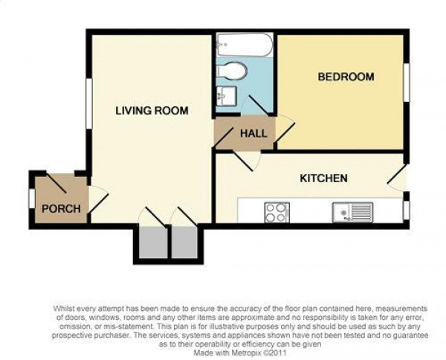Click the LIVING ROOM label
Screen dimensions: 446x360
click(x=152, y=110)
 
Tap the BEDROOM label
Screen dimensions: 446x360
click(x=346, y=77)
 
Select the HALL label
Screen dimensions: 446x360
click(x=253, y=133)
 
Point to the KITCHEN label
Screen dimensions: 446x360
click(x=323, y=179)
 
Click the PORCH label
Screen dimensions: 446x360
click(x=61, y=209)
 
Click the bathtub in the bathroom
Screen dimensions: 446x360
click(x=245, y=45)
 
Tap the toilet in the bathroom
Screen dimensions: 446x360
click(x=231, y=71)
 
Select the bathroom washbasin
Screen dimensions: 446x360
click(x=226, y=96)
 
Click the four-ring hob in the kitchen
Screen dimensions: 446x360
click(x=277, y=212)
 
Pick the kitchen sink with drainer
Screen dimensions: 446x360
click(x=352, y=212)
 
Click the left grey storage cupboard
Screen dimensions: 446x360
click(x=153, y=242)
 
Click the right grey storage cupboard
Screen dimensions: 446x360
click(x=184, y=242)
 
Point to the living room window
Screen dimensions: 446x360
click(x=89, y=103)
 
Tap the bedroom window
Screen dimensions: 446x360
click(x=407, y=83)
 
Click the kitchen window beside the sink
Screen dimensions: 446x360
click(x=407, y=210)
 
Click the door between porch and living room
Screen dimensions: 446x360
click(x=98, y=199)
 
